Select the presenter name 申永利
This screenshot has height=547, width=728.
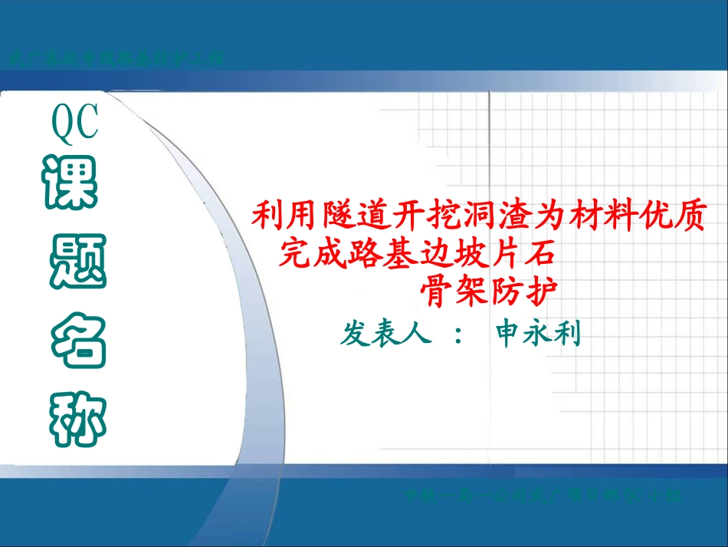[539, 334]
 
